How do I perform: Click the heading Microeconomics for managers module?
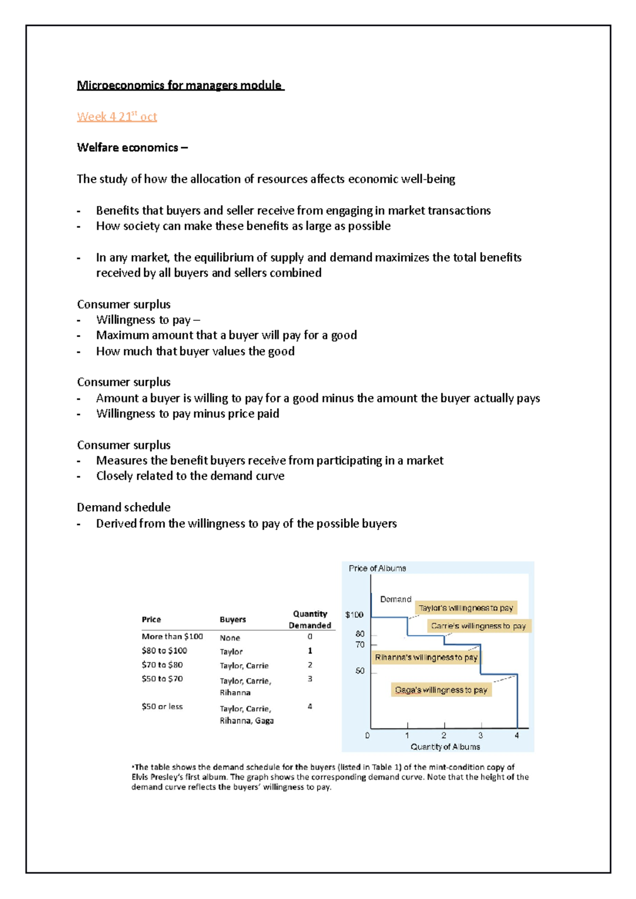(180, 85)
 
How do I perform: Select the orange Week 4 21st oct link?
(117, 116)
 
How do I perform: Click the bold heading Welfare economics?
(132, 148)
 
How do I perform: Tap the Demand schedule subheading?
(123, 507)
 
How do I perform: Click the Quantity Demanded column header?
(310, 619)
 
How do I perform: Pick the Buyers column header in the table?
(233, 619)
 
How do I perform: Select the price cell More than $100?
(172, 636)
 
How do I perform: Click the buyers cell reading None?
(230, 638)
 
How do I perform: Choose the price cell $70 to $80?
(162, 664)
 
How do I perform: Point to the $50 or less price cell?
(162, 706)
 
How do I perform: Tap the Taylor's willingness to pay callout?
(466, 608)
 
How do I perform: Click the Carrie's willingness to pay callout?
(478, 626)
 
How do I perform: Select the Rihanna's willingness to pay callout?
(426, 657)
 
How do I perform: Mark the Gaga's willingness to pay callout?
(441, 690)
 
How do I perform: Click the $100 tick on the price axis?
(354, 615)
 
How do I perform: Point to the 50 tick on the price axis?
(360, 671)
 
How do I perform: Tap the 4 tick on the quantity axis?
(517, 735)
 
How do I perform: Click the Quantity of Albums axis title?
(445, 747)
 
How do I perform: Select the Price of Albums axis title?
(377, 568)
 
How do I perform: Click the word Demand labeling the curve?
(395, 599)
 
